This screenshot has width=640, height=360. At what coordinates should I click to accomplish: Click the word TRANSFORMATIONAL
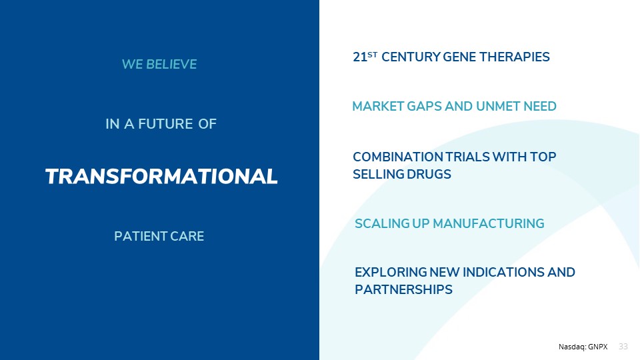tap(161, 176)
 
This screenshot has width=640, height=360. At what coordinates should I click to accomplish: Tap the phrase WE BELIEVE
tap(159, 64)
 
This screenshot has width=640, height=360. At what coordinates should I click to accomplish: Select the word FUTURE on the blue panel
tap(165, 124)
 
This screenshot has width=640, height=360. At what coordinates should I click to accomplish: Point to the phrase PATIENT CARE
tap(159, 236)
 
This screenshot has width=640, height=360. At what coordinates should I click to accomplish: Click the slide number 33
tap(623, 347)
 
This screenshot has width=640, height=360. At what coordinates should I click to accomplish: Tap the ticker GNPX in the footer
tap(598, 347)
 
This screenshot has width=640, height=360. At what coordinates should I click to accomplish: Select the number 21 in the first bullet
tap(359, 57)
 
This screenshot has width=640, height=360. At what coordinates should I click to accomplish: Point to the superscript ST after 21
tap(372, 53)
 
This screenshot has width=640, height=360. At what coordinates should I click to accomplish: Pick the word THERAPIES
tap(514, 57)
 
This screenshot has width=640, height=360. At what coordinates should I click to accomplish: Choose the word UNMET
tap(498, 106)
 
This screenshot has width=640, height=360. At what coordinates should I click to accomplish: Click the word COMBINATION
tap(397, 157)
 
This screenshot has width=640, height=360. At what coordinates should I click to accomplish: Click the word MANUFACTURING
tap(488, 224)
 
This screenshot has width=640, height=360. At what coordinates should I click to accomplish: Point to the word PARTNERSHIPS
tap(404, 290)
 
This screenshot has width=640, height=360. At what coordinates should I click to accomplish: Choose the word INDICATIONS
tap(503, 272)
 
